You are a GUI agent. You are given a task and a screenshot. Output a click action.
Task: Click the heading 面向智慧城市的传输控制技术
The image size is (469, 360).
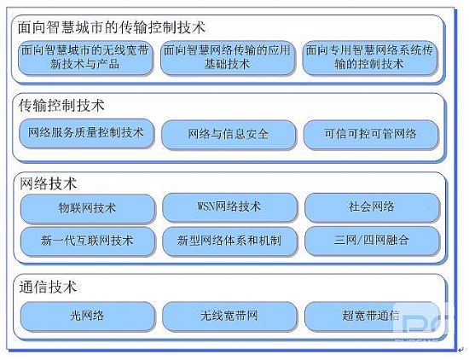click(x=112, y=27)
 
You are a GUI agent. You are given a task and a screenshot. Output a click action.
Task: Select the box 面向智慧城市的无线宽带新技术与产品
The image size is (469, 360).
click(x=85, y=57)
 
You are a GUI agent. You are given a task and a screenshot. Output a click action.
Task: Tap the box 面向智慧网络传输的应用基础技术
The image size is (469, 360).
click(x=227, y=57)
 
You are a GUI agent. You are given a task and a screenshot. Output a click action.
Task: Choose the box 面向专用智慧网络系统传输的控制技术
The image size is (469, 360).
click(x=370, y=57)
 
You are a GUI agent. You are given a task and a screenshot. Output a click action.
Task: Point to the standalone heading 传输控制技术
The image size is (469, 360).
click(x=61, y=106)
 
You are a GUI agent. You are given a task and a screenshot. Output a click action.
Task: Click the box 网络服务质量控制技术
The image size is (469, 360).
click(x=86, y=133)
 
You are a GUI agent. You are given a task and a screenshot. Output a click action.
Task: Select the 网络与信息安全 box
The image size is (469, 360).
click(x=229, y=134)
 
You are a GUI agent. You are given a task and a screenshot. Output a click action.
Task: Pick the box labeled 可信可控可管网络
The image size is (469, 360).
click(x=371, y=134)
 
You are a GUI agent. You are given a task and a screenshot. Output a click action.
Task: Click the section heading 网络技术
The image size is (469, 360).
click(x=48, y=183)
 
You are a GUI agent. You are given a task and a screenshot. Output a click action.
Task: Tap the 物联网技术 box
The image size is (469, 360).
click(x=88, y=208)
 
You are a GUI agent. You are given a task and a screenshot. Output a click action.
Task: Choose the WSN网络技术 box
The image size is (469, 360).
click(x=229, y=207)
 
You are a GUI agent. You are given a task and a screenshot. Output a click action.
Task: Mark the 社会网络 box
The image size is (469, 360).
click(x=372, y=207)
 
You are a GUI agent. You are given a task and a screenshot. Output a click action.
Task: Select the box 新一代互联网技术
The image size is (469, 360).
click(x=88, y=241)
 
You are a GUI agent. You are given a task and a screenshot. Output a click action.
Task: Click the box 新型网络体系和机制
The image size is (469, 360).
click(x=229, y=241)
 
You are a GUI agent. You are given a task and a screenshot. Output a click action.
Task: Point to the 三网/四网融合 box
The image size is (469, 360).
click(x=372, y=241)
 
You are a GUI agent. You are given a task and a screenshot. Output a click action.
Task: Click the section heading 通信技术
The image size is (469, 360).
click(x=48, y=287)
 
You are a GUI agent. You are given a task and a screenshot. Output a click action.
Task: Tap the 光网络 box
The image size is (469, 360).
click(x=88, y=316)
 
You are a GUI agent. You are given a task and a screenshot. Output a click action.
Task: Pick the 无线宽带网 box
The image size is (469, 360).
click(x=229, y=316)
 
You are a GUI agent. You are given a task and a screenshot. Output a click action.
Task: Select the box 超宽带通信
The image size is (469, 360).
click(x=372, y=316)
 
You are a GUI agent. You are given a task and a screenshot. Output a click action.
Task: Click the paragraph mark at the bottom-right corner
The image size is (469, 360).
click(x=460, y=349)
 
